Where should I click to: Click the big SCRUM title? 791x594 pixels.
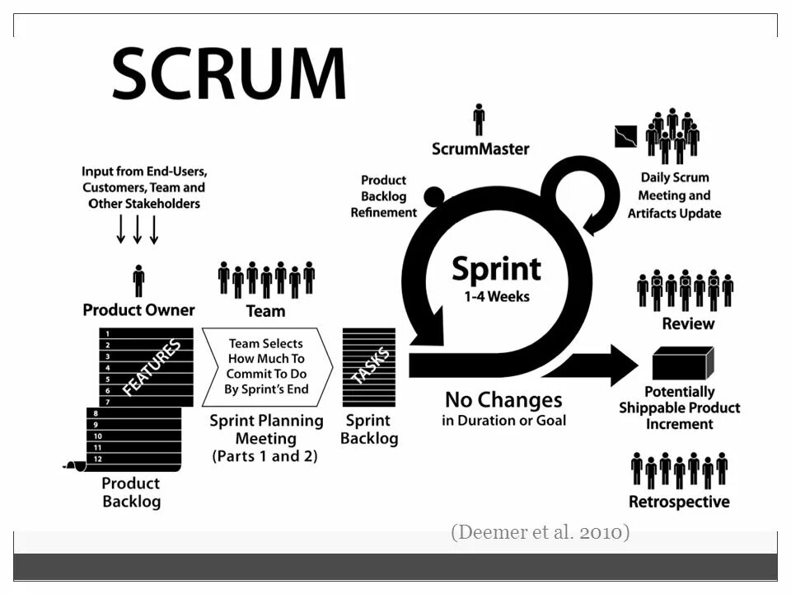click(228, 75)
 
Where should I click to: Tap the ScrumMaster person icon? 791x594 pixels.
click(479, 120)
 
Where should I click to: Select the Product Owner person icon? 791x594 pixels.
click(138, 280)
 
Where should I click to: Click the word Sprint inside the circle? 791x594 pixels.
click(496, 269)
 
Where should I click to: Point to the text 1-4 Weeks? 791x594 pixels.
click(497, 295)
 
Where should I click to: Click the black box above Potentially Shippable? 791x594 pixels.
click(681, 363)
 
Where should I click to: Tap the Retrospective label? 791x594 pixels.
click(679, 502)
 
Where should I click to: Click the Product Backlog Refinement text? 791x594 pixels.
click(383, 196)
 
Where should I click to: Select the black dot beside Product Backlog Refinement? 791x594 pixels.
click(434, 196)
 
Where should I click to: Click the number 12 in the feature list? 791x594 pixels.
click(97, 459)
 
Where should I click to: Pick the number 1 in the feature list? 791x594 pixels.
click(108, 333)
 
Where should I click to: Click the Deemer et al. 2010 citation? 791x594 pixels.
click(540, 532)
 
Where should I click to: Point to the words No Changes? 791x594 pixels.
click(503, 400)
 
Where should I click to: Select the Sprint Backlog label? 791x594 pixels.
click(369, 429)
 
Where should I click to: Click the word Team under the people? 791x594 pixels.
click(265, 311)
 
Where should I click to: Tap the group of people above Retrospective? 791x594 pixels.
click(680, 469)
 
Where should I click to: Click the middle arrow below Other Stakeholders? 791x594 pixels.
click(138, 229)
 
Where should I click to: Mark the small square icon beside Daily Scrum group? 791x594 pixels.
click(626, 136)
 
